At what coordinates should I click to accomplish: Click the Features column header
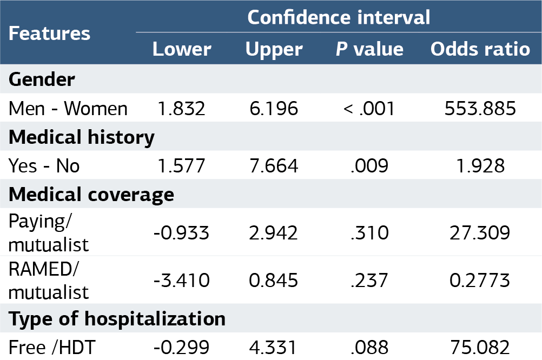click(x=49, y=34)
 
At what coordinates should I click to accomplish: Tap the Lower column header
click(x=182, y=49)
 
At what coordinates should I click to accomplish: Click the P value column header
click(x=369, y=49)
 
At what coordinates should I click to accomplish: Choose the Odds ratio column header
click(x=480, y=49)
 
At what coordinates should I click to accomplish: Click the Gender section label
click(x=42, y=79)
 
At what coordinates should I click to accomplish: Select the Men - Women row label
click(x=68, y=109)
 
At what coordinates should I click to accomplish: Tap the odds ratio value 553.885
click(x=480, y=109)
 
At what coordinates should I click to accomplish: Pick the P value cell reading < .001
click(x=369, y=109)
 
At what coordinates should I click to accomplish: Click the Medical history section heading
click(x=82, y=137)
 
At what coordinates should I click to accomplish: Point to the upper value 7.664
click(x=274, y=166)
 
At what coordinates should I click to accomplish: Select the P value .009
click(x=369, y=166)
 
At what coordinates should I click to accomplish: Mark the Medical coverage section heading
click(x=91, y=195)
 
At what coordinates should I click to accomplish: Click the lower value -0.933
click(x=181, y=232)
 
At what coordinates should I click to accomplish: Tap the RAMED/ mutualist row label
click(x=48, y=280)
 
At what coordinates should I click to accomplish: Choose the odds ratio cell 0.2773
click(x=480, y=280)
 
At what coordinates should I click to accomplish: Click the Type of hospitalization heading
click(x=117, y=319)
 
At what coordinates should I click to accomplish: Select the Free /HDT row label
click(x=52, y=347)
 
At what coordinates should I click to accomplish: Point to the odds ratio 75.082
click(x=480, y=347)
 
